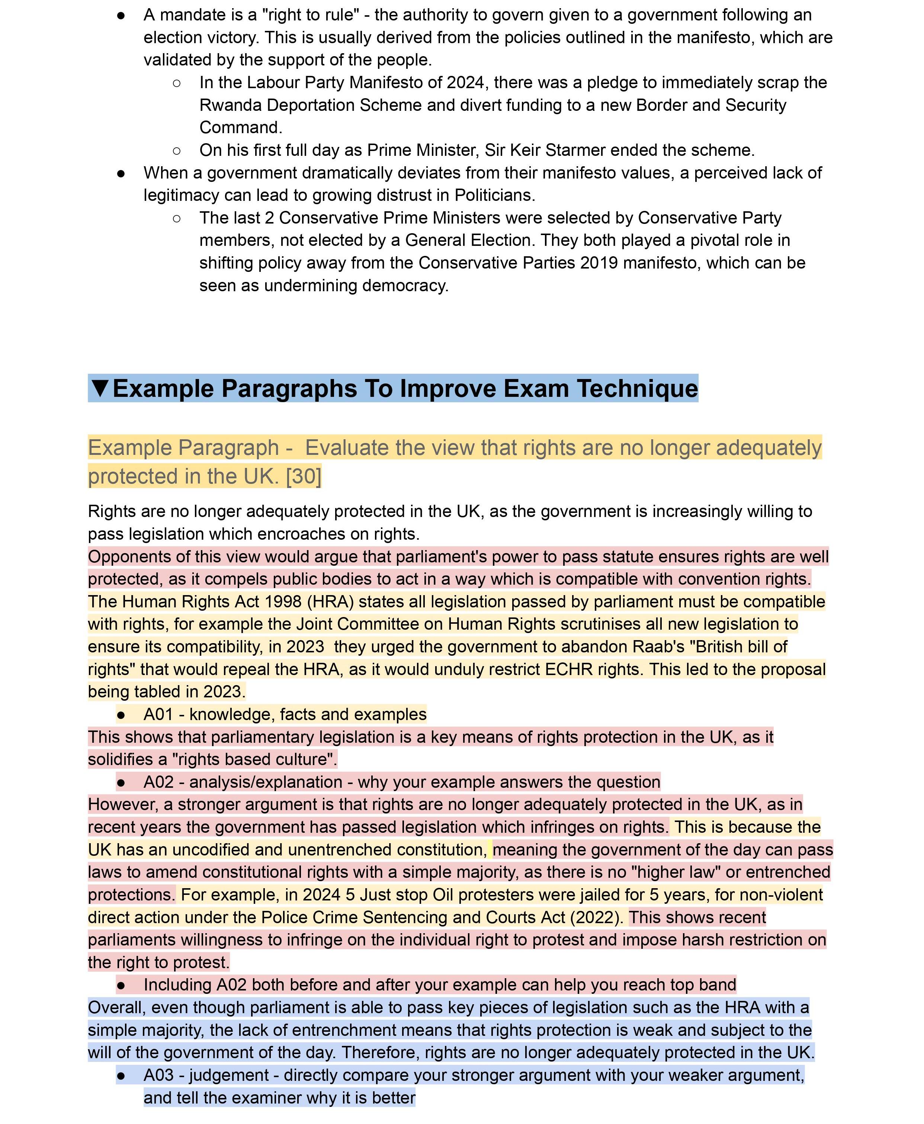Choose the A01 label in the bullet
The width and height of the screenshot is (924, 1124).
pos(158,714)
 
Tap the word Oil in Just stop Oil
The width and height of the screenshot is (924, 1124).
pos(442,895)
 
